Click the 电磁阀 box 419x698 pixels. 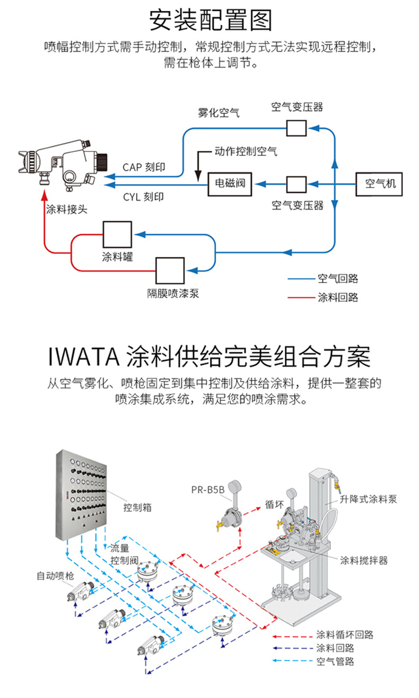[230, 184]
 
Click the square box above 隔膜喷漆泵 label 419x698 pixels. [170, 271]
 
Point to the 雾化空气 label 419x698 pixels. [219, 112]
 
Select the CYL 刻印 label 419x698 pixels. [143, 197]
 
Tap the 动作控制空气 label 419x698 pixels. [246, 151]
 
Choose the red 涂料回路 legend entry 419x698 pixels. [337, 297]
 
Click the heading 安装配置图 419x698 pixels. [210, 21]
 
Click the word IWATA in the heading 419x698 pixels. [82, 357]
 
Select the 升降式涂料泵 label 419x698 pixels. [368, 499]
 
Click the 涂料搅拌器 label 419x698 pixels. [364, 560]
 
